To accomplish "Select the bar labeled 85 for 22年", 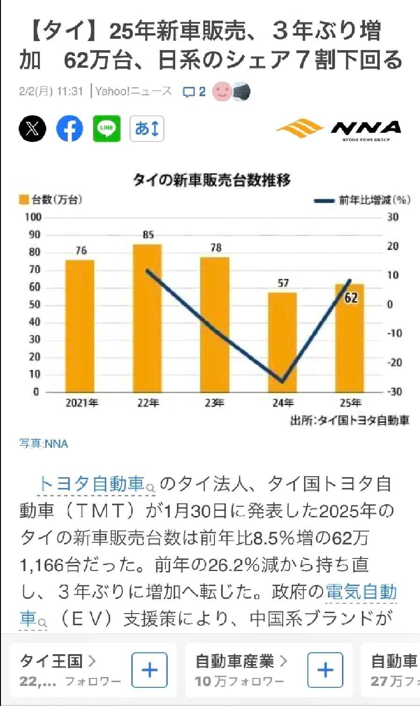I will [x=147, y=318].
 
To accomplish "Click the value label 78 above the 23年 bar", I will [x=215, y=247].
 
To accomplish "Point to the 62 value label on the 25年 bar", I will [x=351, y=297].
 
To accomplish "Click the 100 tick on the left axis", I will [x=33, y=217].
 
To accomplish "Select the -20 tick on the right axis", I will [x=394, y=362].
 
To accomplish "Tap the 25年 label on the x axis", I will [x=350, y=402].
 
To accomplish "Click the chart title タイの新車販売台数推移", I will [x=212, y=180].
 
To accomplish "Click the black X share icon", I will [x=32, y=128].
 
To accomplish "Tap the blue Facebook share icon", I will [x=70, y=128].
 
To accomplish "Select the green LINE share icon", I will [x=107, y=128].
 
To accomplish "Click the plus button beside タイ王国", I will [x=149, y=670].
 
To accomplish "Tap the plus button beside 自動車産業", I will [x=325, y=670].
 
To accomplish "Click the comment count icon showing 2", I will [x=193, y=92].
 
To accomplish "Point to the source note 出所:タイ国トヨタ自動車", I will [x=349, y=420].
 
